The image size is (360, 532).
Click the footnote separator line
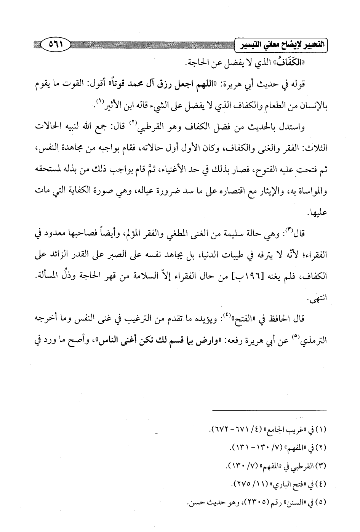269,410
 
